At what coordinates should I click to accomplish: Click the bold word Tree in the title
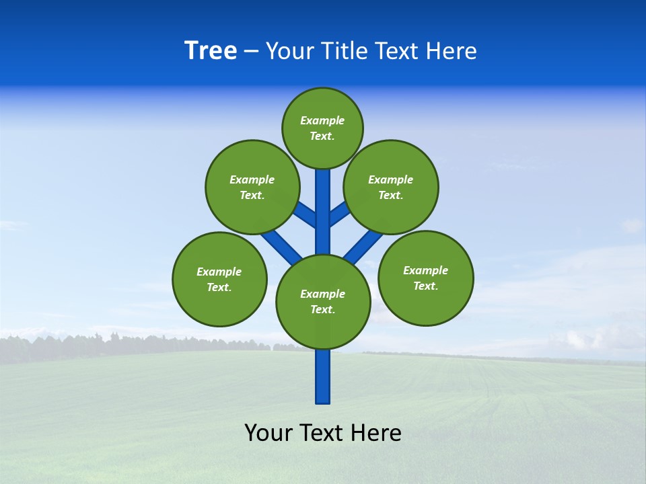[211, 50]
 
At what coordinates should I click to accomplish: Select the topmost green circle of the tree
[322, 128]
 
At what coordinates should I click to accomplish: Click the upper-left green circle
[252, 187]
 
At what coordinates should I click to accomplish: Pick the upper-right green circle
[391, 187]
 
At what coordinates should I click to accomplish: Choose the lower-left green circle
[219, 279]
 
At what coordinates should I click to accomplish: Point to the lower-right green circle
[426, 278]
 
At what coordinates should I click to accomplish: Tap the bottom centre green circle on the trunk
[323, 302]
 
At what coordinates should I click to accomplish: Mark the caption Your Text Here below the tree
[323, 433]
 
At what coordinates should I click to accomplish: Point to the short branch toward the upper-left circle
[306, 214]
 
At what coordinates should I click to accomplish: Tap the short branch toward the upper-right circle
[339, 214]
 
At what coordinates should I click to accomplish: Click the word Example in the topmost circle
[322, 121]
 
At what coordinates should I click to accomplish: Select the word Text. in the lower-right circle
[425, 286]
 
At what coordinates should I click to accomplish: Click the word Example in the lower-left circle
[219, 272]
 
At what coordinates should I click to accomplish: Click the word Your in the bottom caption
[268, 433]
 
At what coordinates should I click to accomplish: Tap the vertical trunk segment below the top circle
[323, 202]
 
